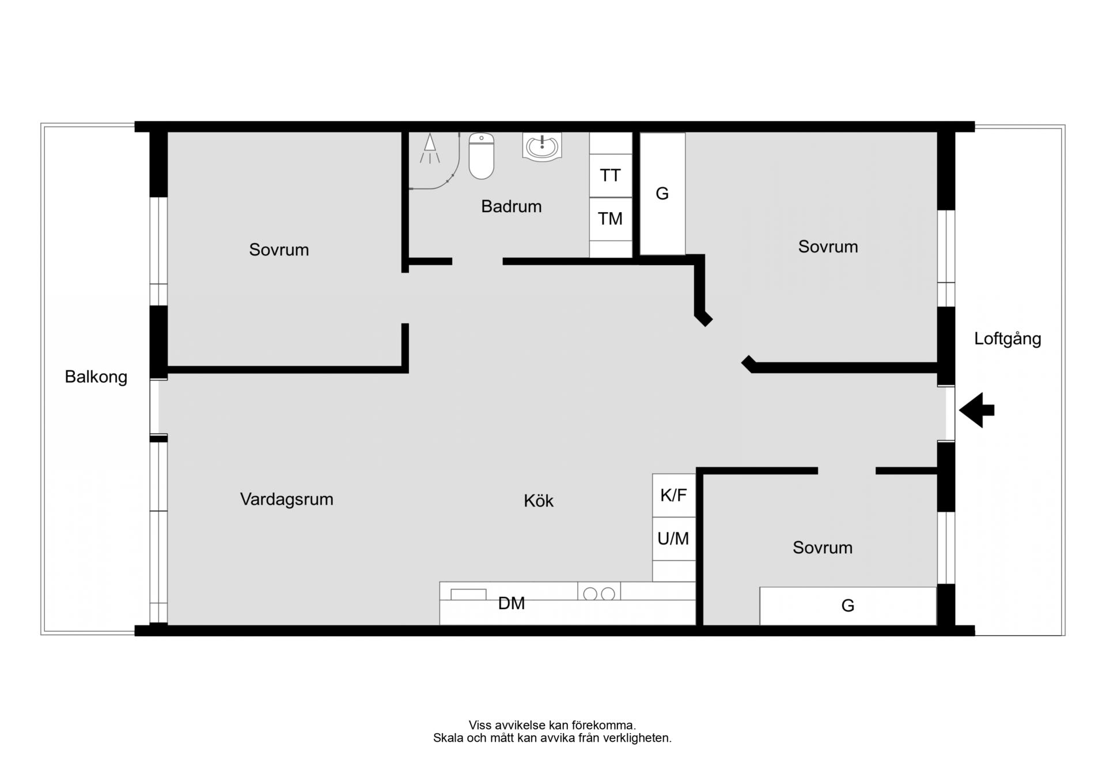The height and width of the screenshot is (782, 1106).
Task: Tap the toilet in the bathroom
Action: tap(482, 156)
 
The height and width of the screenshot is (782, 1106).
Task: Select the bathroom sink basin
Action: tap(542, 146)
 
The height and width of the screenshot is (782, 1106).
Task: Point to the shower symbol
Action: tap(430, 149)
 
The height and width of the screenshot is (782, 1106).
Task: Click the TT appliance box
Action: tap(611, 176)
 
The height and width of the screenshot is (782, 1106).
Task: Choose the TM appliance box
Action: tap(611, 219)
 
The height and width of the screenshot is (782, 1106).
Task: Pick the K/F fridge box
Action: tap(674, 496)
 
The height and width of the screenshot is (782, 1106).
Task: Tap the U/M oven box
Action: tap(674, 539)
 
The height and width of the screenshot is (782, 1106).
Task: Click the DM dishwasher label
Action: tap(512, 603)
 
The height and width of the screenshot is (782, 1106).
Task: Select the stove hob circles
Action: tap(599, 594)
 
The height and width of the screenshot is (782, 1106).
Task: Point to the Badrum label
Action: tap(512, 206)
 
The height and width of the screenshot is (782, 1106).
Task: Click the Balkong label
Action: tap(96, 377)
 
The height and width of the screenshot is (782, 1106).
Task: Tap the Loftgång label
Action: tap(1007, 339)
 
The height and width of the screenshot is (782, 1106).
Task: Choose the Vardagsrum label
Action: tap(287, 499)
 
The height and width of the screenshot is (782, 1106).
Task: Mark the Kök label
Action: tap(539, 500)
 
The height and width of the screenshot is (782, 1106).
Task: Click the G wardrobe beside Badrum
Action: tap(662, 194)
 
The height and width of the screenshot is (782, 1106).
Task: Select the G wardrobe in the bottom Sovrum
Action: tap(848, 606)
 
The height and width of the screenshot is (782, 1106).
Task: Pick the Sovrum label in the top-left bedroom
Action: tap(279, 250)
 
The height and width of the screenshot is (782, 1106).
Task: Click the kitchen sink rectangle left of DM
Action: tap(468, 595)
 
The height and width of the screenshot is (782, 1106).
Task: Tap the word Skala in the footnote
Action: tap(448, 738)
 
